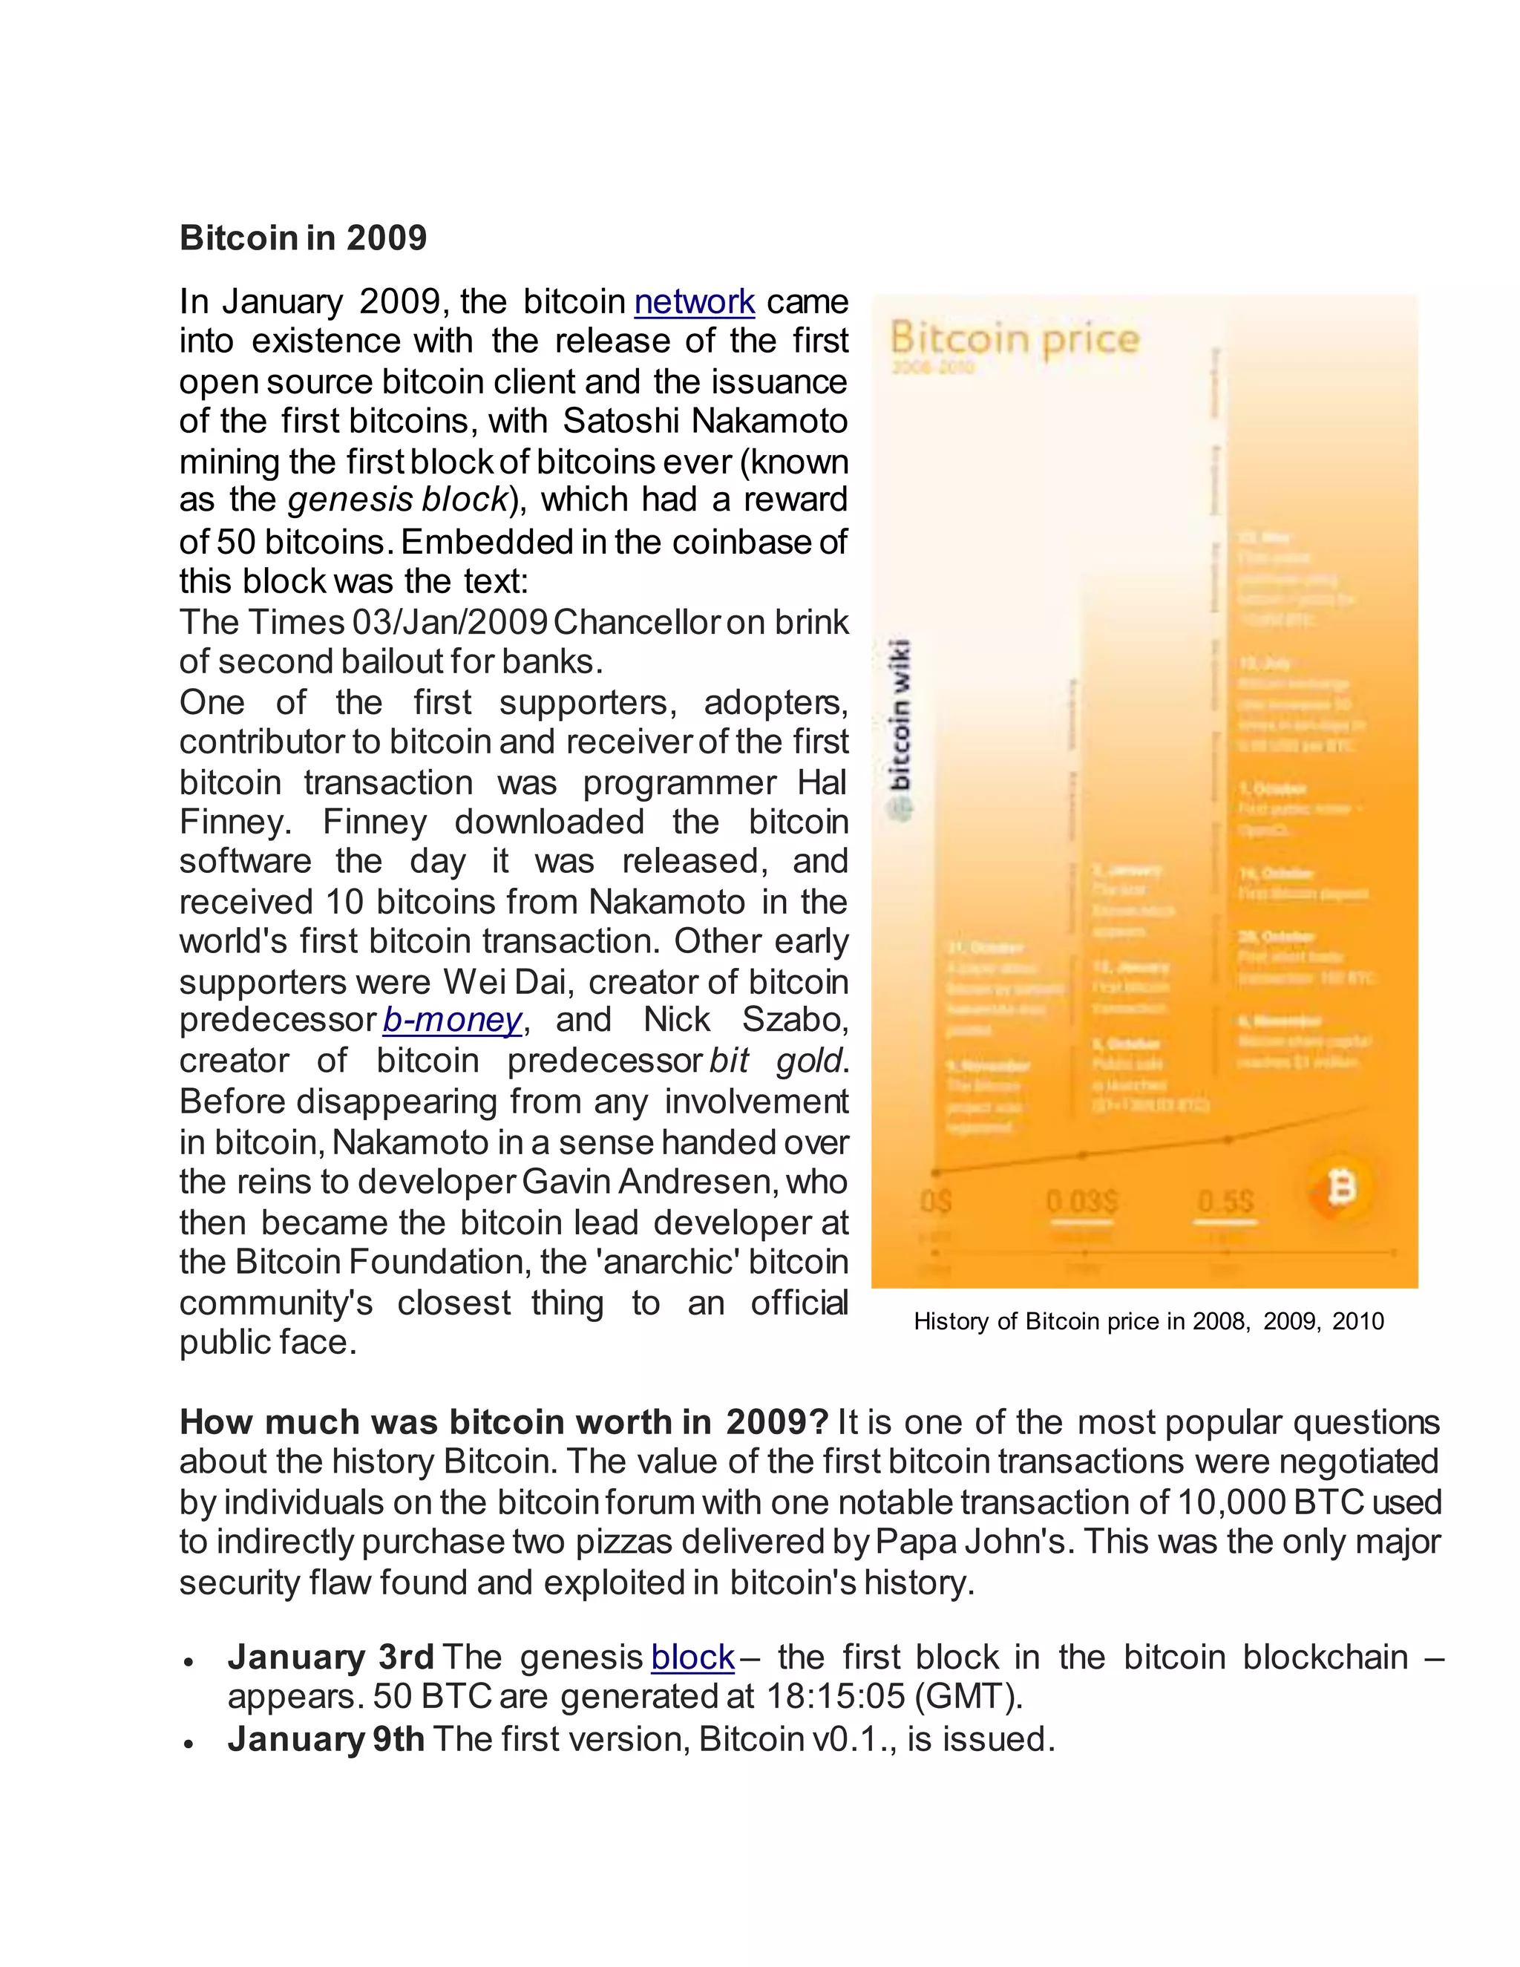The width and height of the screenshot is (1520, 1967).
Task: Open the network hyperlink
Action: pyautogui.click(x=694, y=301)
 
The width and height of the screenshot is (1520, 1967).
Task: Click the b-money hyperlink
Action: pyautogui.click(x=452, y=1021)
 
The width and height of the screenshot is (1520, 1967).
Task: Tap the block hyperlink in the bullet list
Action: pyautogui.click(x=692, y=1658)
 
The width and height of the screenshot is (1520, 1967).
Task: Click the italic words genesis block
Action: pyautogui.click(x=398, y=500)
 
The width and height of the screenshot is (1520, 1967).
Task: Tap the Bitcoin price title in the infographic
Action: pyautogui.click(x=1015, y=339)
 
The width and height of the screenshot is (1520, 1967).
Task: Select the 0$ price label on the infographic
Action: pyautogui.click(x=937, y=1202)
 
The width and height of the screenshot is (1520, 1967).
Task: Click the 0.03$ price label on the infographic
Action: pyautogui.click(x=1081, y=1202)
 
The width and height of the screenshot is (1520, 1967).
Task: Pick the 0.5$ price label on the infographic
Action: pyautogui.click(x=1225, y=1202)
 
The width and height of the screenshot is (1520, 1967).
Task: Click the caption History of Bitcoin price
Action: pyautogui.click(x=1148, y=1321)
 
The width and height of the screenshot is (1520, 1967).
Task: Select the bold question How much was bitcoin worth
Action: pyautogui.click(x=503, y=1422)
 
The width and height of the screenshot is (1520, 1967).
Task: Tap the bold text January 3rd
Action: pyautogui.click(x=330, y=1658)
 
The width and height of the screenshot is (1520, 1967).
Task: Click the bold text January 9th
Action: pyautogui.click(x=326, y=1739)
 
